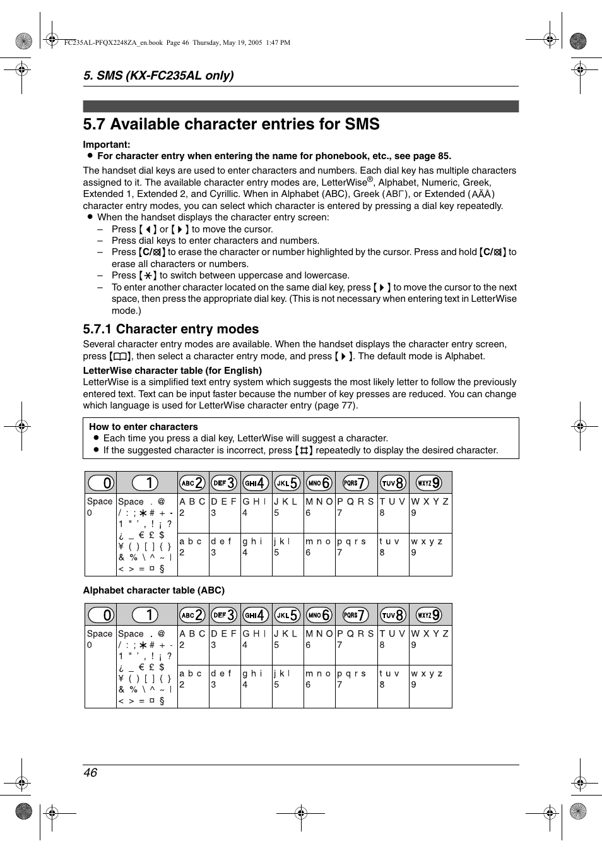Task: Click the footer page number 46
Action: point(90,773)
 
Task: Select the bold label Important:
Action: point(107,145)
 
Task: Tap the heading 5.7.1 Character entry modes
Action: point(171,329)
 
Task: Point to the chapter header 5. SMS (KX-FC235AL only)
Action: point(158,76)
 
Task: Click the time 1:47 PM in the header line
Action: point(278,43)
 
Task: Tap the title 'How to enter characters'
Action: point(143,427)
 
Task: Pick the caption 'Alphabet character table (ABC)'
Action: point(154,590)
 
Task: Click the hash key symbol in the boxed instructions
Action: point(304,451)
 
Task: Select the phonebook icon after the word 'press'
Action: point(120,357)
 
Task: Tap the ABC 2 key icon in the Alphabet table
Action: point(192,615)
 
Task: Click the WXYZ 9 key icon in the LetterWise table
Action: point(428,483)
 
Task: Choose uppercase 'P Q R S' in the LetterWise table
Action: point(355,501)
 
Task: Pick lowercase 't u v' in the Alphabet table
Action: point(389,674)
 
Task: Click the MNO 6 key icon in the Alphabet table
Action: point(319,615)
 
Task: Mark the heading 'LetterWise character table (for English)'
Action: point(172,371)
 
